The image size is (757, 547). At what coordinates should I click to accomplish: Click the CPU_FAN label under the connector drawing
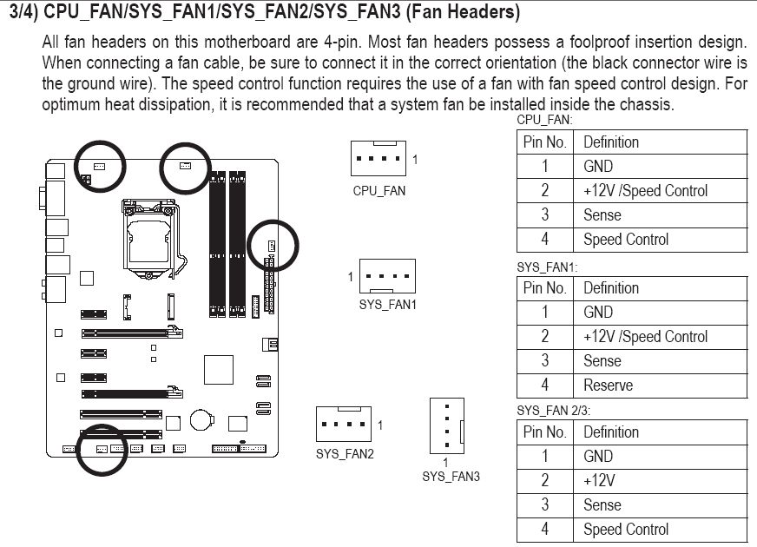coord(378,191)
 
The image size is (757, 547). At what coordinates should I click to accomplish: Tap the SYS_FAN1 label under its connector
coord(388,305)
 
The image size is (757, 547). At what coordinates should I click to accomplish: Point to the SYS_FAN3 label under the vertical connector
coord(451,476)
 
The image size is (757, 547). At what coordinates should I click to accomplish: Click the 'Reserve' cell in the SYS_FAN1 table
coord(609,385)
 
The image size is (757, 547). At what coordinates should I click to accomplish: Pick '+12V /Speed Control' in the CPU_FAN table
coord(645,190)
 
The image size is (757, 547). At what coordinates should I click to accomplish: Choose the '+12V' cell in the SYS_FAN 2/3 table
coord(598,480)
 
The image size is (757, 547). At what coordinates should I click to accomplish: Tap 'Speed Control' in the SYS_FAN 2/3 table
coord(625,529)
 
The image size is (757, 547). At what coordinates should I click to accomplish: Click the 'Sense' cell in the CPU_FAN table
coord(602,214)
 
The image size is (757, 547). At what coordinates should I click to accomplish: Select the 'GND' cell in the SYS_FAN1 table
coord(598,312)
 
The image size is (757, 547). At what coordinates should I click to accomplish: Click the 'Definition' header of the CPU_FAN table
coord(610,142)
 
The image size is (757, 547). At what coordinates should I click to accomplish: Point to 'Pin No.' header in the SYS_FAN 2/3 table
coord(544,432)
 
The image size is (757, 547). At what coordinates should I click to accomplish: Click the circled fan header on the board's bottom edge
coord(101,448)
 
